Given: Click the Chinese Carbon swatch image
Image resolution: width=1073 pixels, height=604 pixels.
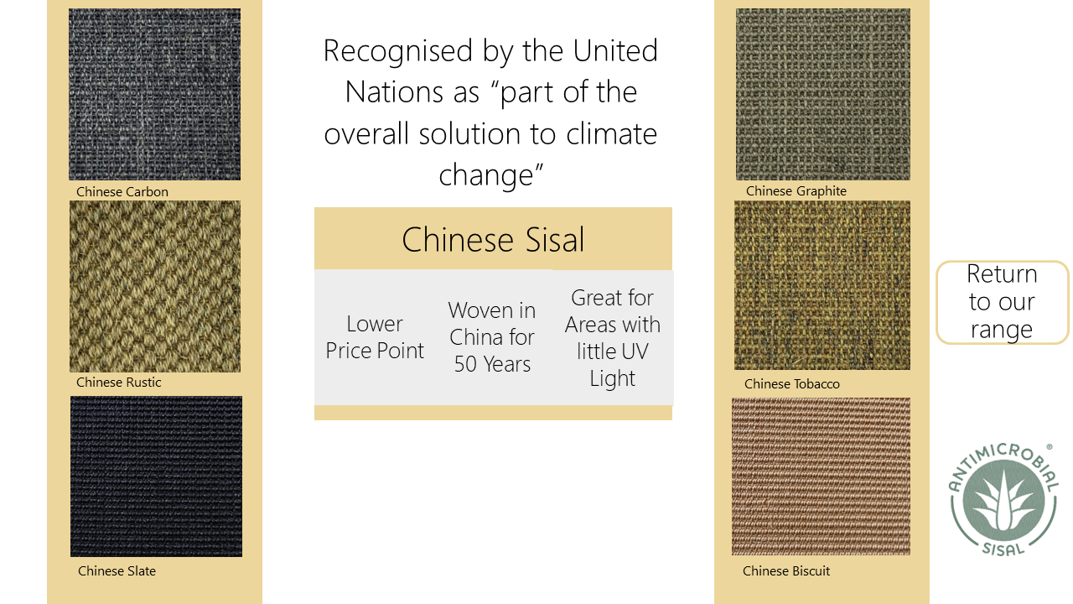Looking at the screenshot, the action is tap(155, 95).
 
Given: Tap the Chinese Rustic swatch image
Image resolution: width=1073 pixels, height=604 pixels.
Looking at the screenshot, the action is tap(155, 287).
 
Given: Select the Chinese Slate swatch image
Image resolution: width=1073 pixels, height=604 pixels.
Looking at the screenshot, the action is tap(156, 476).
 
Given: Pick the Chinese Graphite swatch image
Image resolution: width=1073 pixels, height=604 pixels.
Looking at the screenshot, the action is tap(823, 95).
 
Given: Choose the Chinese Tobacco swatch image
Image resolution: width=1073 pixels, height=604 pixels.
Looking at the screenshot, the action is tap(822, 285).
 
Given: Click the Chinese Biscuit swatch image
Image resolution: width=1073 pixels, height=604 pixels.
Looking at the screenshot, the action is tap(821, 476).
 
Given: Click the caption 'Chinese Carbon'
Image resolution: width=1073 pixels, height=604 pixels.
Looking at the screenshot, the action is tap(122, 192).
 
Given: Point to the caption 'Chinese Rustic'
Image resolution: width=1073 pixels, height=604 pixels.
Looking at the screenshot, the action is tap(119, 382).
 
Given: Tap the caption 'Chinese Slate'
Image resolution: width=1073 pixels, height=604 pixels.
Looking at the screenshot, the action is tap(117, 571).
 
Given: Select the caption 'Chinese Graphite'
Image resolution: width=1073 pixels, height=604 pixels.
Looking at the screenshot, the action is tap(796, 191).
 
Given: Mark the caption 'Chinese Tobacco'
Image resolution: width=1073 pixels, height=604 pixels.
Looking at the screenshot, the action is tap(792, 384).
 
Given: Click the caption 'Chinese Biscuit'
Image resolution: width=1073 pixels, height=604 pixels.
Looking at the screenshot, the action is tap(786, 571).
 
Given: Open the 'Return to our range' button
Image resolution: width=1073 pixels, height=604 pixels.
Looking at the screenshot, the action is tap(1002, 303).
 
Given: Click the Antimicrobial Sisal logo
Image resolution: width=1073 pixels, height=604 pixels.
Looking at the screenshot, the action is tap(1003, 500).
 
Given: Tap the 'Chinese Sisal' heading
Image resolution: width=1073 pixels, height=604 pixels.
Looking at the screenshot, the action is tap(494, 240).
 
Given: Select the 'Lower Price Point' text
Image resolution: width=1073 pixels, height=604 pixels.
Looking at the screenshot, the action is tap(375, 337).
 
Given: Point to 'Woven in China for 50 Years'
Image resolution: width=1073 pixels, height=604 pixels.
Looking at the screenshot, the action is tap(492, 337).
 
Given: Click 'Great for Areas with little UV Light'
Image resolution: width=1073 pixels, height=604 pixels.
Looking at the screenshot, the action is tap(613, 338).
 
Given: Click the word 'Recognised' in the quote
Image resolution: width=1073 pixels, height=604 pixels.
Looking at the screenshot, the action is tap(398, 51).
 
